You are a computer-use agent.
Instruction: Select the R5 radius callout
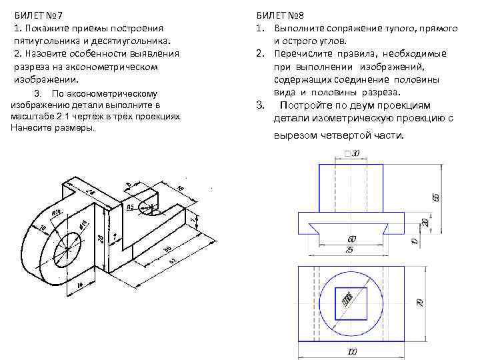coord(131,207)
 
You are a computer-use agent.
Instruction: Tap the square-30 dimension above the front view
coord(351,153)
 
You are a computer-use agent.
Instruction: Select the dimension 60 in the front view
coord(351,239)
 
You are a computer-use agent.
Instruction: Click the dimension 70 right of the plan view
coord(420,302)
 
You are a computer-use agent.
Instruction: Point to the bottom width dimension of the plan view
coord(351,351)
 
